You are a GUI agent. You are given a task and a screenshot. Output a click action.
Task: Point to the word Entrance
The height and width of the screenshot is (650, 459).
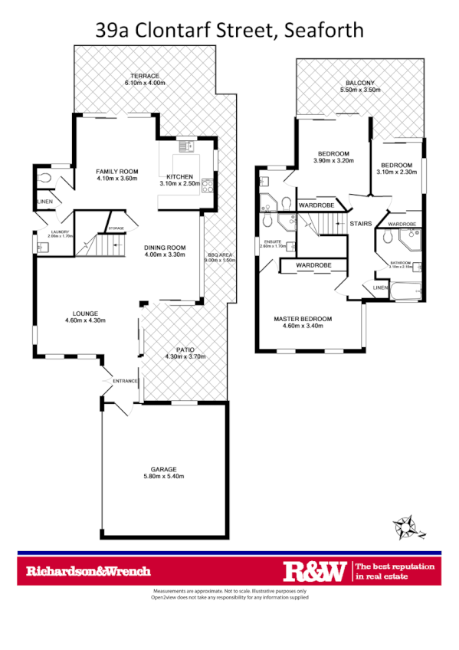pos(125,381)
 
